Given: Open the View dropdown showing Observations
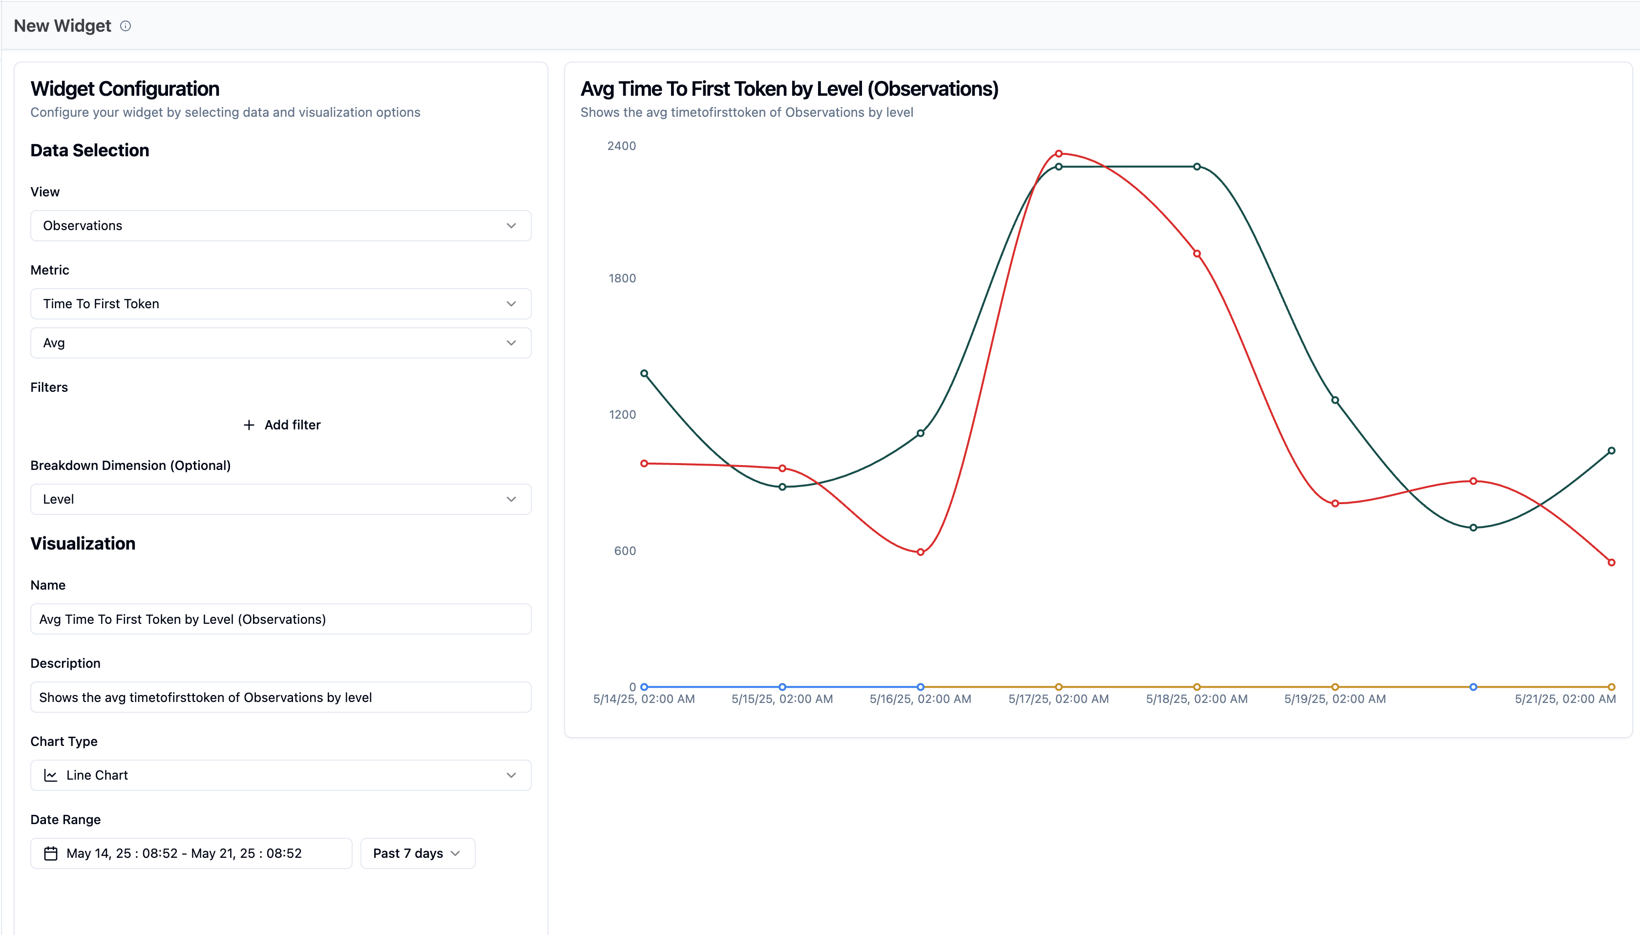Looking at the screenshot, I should pos(280,225).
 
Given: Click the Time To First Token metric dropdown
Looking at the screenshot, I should pos(280,304).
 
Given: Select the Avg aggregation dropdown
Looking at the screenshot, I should pos(280,343).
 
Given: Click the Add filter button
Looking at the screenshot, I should pos(282,425).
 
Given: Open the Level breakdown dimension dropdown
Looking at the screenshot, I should pos(280,499).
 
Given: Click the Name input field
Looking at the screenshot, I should pos(280,619).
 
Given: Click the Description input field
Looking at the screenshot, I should pos(280,698).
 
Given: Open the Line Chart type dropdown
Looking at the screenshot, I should pos(280,775).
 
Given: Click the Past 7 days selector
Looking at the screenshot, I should pos(417,853).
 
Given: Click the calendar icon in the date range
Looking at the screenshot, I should pos(51,853).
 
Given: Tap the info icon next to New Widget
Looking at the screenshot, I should pos(126,26).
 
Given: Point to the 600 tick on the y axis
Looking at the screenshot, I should pos(625,551).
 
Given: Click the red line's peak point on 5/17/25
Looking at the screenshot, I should pos(1058,153).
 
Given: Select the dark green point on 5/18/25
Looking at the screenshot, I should pos(1197,167).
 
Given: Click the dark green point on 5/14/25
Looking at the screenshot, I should pos(644,374).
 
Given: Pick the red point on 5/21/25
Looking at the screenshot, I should pos(1611,563).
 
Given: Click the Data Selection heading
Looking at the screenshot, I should pos(90,150).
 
